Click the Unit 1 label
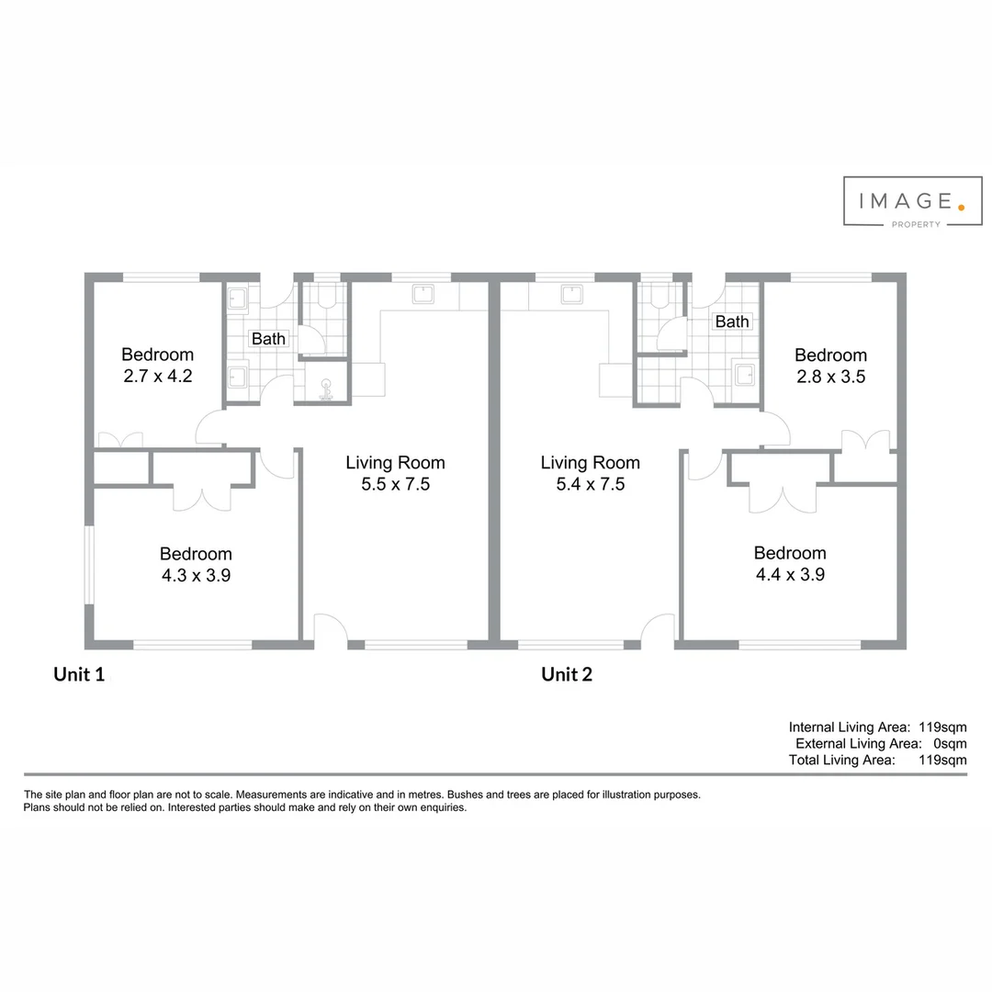tap(79, 675)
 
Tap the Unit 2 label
tap(567, 675)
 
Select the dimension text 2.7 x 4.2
tap(157, 376)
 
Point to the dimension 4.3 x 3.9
tap(196, 575)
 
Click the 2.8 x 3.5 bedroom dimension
tap(830, 377)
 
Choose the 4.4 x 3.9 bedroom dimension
tap(790, 574)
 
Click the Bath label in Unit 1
tap(268, 339)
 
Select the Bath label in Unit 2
tap(731, 321)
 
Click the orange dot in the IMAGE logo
tap(961, 208)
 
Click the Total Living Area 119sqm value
tap(942, 761)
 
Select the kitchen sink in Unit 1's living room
tap(423, 294)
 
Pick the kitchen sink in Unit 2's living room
tap(571, 294)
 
